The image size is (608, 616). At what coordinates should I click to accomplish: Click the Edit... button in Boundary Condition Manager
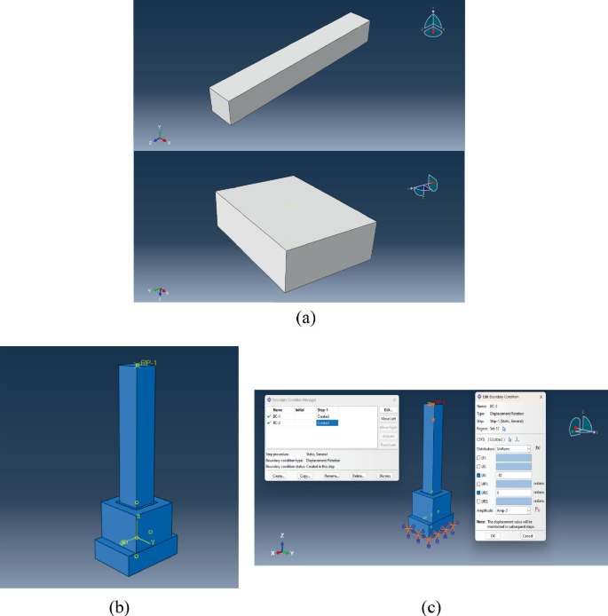387,409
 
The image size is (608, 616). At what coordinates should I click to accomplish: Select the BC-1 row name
278,416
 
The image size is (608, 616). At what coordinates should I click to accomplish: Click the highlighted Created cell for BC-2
326,423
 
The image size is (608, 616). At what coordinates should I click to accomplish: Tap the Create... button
279,476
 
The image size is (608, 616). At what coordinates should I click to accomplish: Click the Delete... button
358,476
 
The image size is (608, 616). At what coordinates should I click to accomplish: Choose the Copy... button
304,476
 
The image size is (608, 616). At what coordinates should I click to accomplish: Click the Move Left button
387,418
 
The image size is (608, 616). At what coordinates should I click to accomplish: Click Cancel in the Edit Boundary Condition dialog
527,535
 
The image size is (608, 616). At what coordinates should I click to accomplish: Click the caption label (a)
304,315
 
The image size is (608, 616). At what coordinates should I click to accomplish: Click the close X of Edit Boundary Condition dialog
541,397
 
